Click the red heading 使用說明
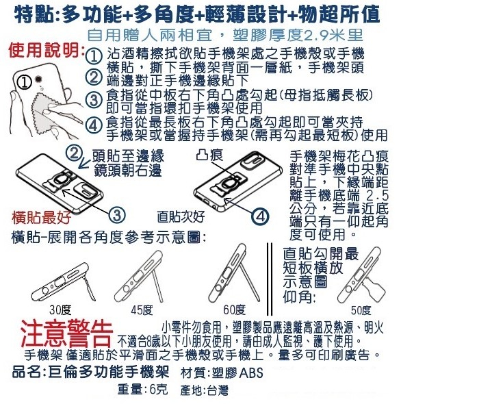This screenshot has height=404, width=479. click(x=46, y=50)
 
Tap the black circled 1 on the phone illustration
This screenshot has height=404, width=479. click(x=24, y=82)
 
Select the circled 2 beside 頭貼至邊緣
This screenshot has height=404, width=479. click(x=74, y=153)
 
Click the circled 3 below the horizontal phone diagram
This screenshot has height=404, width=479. click(x=117, y=215)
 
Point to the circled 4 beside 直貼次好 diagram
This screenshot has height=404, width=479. click(x=260, y=216)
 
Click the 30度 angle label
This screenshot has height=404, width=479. click(x=60, y=310)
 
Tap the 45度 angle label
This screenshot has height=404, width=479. click(x=142, y=310)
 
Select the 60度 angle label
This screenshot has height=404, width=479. click(x=234, y=310)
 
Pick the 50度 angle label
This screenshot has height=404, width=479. click(x=361, y=310)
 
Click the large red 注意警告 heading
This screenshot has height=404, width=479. click(x=66, y=333)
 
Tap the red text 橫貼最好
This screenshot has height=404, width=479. click(x=41, y=217)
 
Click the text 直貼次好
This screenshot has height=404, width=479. click(x=181, y=216)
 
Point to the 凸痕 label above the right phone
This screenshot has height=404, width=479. click(x=210, y=155)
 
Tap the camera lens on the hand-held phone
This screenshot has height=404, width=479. click(x=38, y=79)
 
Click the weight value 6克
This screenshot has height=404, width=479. click(x=159, y=390)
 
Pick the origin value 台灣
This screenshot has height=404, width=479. click(x=218, y=390)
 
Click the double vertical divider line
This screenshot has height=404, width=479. click(x=270, y=279)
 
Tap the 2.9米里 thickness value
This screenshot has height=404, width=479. click(x=334, y=36)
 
